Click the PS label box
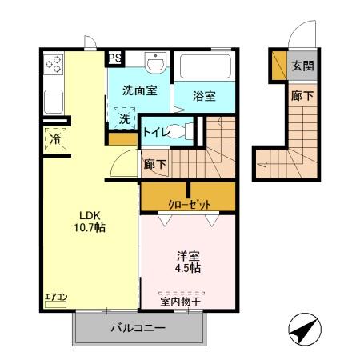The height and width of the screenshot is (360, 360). [115, 58]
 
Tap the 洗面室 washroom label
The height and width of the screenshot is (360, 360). [138, 90]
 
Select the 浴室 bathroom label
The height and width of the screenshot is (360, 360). [205, 97]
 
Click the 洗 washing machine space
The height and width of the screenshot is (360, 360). [124, 118]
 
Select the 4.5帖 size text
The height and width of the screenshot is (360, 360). [189, 268]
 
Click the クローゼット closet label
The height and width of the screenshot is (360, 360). [189, 204]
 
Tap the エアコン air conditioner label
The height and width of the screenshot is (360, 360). [55, 298]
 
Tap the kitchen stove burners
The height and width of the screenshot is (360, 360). [54, 62]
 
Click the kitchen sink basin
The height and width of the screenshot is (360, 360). [54, 101]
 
